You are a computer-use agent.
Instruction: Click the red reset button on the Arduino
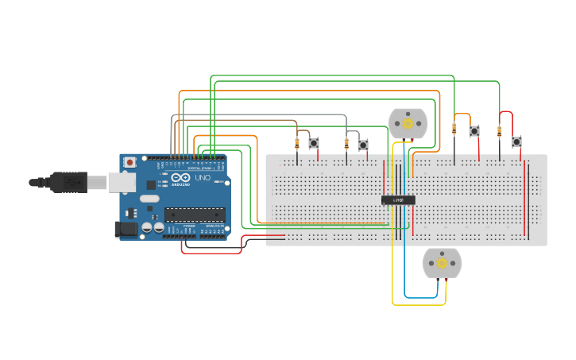coord(130,162)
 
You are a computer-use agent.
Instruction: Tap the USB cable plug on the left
coord(68,182)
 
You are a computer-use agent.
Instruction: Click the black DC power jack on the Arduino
coord(126,230)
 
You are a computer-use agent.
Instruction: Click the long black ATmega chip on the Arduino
coord(194,214)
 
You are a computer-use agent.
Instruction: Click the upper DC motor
coord(408,124)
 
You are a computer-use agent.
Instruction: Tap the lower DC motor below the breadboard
coord(442,263)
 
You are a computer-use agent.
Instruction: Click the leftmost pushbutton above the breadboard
coord(314,143)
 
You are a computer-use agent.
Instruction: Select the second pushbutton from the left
coord(363,145)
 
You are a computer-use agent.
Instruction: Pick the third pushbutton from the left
coord(474,131)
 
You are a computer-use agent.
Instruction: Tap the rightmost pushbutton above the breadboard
coord(516,141)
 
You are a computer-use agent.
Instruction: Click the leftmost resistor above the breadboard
coord(297,144)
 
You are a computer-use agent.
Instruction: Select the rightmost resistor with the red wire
coord(500,132)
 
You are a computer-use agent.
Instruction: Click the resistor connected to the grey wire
coord(346,144)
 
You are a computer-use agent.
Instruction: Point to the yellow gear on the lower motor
coord(442,263)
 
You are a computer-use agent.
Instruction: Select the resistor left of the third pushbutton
coord(454,129)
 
